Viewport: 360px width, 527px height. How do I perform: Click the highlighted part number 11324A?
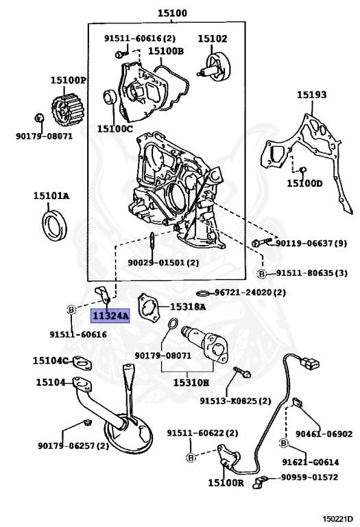point(110,316)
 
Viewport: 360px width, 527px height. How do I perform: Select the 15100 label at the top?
point(171,13)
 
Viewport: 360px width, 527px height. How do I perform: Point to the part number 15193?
point(311,95)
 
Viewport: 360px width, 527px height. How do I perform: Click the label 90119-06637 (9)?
point(311,244)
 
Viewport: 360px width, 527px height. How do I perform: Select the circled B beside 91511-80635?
point(261,273)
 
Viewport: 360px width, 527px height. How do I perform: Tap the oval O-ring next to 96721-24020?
point(203,292)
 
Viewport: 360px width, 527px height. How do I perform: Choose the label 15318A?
point(188,307)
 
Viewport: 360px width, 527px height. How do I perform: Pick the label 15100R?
point(226,483)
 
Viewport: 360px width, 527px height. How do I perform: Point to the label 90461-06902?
point(324,434)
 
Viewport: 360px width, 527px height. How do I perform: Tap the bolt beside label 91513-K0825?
point(241,374)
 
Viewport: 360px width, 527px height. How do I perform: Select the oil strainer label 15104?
point(50,382)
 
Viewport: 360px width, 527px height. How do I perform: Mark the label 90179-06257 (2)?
point(73,445)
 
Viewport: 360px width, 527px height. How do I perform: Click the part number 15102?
point(213,39)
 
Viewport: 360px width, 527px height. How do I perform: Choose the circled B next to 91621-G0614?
point(282,443)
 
